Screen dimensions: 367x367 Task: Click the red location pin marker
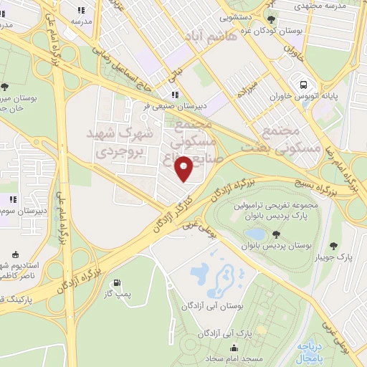184,170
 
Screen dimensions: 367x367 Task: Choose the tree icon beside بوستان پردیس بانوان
277,234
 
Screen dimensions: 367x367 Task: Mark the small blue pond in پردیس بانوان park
254,234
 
